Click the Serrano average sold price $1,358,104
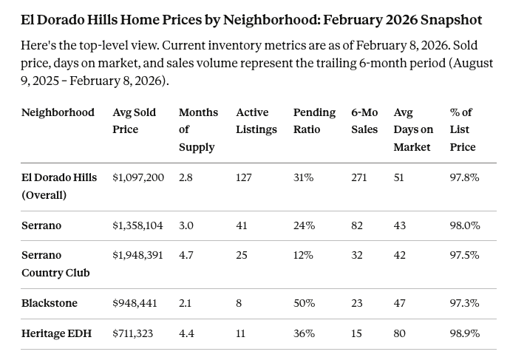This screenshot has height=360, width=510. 137,225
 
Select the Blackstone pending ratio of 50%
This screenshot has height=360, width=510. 304,303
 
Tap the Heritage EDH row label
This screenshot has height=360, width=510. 56,333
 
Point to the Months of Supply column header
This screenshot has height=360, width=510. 198,129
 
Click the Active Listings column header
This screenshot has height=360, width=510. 256,120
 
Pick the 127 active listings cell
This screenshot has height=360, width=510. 244,177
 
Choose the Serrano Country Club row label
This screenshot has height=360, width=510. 55,264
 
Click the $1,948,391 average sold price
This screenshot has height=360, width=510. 137,255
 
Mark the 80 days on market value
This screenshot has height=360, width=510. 400,333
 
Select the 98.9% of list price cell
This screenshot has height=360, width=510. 464,333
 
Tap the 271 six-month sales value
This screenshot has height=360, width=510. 359,177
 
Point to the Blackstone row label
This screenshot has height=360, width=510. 49,303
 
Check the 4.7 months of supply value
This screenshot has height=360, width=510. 186,255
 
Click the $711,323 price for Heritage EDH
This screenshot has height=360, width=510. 133,333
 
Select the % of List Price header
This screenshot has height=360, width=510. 463,129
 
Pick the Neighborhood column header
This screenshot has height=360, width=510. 58,112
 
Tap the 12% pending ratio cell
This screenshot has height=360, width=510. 304,255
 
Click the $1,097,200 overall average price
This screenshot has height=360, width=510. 138,177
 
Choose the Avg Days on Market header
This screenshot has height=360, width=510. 412,129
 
